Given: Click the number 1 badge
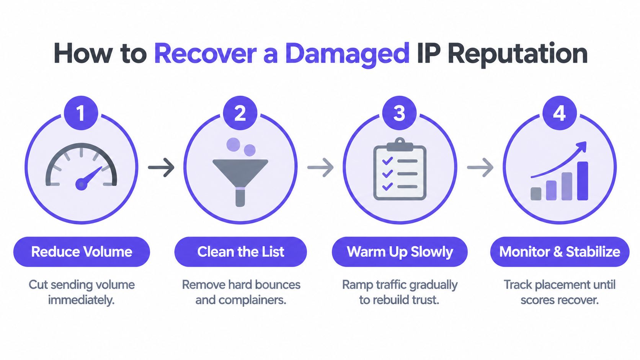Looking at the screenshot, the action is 81,113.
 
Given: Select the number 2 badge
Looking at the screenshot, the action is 240,113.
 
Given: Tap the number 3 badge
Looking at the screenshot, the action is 400,113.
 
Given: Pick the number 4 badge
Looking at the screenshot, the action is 560,113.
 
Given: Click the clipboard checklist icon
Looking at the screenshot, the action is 400,169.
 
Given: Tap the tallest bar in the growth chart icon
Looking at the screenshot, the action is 583,181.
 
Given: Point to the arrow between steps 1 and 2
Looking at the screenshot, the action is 161,167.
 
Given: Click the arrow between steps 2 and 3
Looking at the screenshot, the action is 320,167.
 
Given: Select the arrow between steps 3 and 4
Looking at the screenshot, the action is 480,167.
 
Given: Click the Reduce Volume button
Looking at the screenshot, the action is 82,252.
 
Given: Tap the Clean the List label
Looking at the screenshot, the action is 240,252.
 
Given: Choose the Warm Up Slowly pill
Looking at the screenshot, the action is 400,252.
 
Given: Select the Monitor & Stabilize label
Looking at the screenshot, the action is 560,252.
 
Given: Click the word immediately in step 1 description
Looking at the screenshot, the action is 81,300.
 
